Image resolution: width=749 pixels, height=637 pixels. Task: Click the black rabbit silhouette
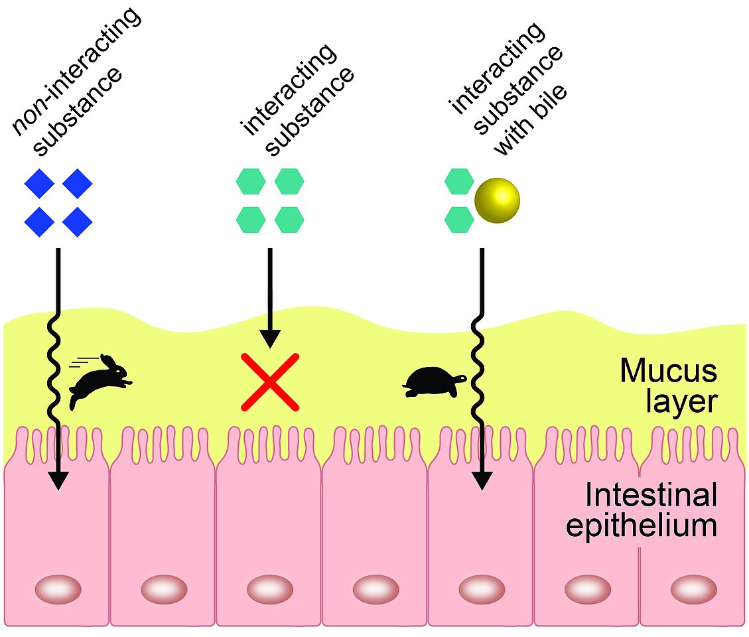[x=101, y=380]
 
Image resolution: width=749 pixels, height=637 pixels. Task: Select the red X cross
[x=269, y=382]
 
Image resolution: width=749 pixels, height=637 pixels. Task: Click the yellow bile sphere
[x=497, y=198]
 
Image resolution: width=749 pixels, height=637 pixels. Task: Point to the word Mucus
[x=668, y=371]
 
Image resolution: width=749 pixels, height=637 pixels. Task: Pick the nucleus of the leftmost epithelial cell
[x=58, y=589]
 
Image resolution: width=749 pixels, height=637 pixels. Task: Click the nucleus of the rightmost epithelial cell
[x=693, y=589]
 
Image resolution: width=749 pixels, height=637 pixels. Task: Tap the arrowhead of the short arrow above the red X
[x=269, y=339]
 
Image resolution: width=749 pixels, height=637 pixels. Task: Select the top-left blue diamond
[x=40, y=184]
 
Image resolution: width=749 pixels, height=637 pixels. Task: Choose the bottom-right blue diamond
[x=78, y=221]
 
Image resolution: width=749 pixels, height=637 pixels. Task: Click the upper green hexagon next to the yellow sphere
[x=458, y=181]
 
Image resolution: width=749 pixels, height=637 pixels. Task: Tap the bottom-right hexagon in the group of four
[x=289, y=220]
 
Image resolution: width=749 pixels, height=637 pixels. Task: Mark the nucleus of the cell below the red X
[x=269, y=589]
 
